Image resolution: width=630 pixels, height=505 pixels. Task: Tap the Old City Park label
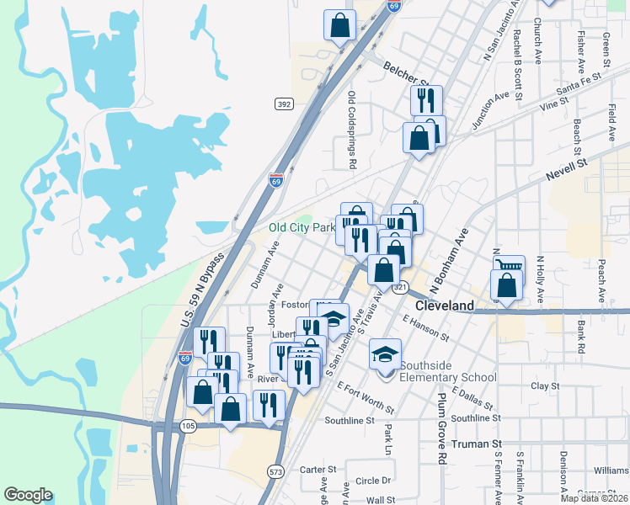(302, 227)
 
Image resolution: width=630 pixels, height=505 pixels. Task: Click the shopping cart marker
(509, 269)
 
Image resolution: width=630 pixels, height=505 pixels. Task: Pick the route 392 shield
(284, 104)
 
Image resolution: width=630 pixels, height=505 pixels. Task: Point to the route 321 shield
(400, 287)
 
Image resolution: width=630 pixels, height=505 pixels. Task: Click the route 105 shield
(188, 426)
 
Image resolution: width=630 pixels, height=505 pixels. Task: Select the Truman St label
(476, 444)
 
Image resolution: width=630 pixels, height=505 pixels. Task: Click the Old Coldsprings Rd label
(352, 130)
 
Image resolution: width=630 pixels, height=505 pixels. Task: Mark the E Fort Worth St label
(365, 397)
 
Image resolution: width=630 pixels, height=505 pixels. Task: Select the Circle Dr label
(373, 481)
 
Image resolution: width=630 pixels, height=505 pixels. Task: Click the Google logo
(28, 495)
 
